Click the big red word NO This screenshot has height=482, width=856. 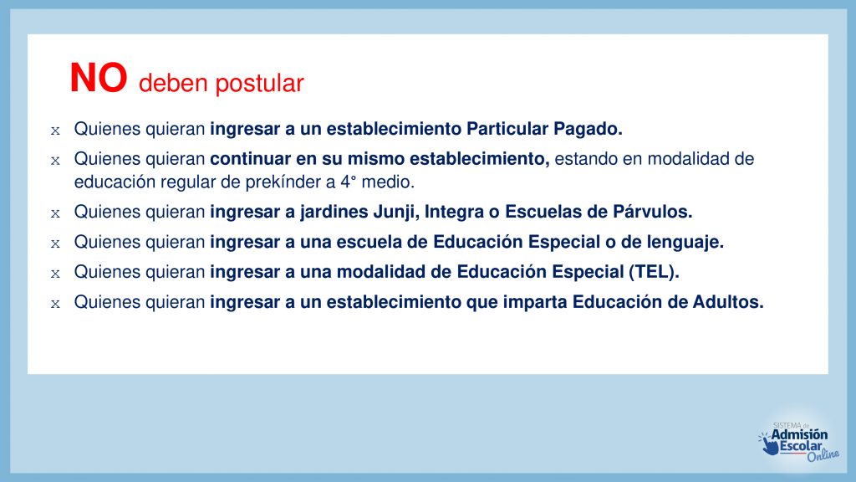pos(99,78)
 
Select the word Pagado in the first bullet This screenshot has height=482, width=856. pos(588,129)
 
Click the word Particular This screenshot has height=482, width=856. pos(507,128)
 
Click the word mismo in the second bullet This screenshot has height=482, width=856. pos(376,158)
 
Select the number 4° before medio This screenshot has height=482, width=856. pos(349,182)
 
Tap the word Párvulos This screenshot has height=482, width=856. pos(652,212)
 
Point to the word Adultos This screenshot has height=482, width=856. pos(728,301)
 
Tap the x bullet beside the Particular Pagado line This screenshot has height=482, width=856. pos(55,131)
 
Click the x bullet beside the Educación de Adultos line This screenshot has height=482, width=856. pos(55,304)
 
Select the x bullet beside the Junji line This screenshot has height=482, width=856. pos(55,213)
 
